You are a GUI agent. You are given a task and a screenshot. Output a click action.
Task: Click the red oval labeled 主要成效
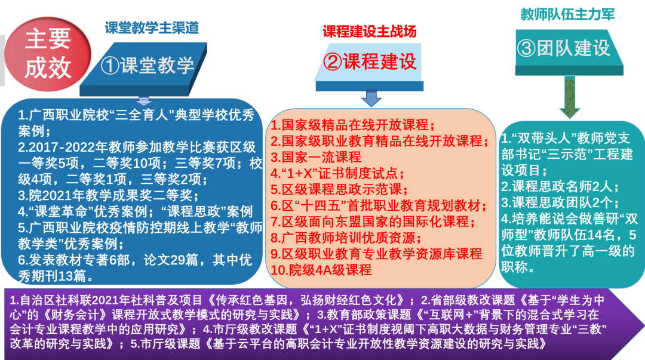click(x=48, y=54)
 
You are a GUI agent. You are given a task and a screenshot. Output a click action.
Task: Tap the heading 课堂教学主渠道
click(x=152, y=27)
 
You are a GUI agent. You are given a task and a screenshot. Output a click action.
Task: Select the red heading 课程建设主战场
click(x=370, y=31)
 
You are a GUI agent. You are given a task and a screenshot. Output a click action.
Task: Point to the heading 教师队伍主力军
click(x=568, y=14)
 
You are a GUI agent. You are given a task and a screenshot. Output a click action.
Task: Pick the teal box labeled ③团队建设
click(x=569, y=53)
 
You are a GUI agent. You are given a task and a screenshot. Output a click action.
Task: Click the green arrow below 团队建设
click(x=570, y=97)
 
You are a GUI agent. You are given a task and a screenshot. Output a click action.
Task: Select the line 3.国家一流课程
click(x=316, y=157)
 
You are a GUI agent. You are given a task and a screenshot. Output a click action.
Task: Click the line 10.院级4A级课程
click(x=321, y=270)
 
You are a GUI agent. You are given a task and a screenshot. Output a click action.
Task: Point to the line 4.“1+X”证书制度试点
click(x=337, y=173)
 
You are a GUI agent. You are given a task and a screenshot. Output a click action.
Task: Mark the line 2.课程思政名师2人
click(x=560, y=186)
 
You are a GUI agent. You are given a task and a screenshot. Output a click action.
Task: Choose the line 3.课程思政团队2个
click(x=560, y=202)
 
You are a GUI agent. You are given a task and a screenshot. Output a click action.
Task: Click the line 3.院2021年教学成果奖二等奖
click(x=108, y=195)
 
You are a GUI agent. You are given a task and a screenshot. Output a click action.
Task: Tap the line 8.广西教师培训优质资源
click(x=346, y=238)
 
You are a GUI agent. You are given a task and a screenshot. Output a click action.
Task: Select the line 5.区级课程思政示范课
click(x=339, y=189)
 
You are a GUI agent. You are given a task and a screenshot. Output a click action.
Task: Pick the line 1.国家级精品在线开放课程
click(x=353, y=125)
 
